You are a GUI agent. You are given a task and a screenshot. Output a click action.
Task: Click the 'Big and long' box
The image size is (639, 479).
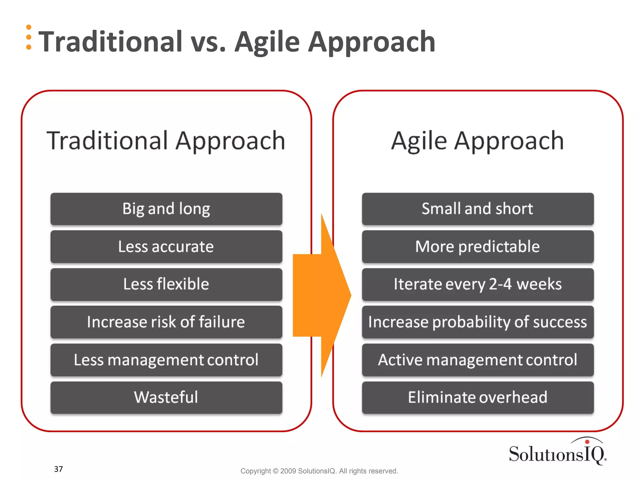(x=166, y=209)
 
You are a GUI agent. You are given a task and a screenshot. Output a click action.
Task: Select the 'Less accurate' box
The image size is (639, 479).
(x=166, y=247)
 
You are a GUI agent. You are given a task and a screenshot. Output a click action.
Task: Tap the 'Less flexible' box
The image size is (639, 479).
(x=166, y=284)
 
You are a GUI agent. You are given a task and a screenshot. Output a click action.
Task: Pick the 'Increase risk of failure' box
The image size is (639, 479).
(x=166, y=322)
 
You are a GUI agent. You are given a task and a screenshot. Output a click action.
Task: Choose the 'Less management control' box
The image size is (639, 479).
(x=166, y=360)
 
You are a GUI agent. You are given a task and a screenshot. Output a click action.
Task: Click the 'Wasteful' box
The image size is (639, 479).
(x=166, y=398)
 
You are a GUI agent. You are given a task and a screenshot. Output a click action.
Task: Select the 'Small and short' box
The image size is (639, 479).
(x=478, y=209)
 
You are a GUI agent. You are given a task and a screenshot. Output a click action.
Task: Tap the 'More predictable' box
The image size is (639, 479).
(x=478, y=247)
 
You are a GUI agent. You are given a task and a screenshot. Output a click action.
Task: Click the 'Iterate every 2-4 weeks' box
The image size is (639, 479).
(x=478, y=284)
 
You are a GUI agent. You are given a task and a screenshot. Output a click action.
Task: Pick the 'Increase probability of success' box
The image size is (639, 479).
(x=478, y=322)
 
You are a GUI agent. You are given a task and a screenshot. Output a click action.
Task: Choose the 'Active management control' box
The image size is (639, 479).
(x=478, y=360)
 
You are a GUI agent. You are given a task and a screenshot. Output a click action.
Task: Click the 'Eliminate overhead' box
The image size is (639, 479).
(x=478, y=398)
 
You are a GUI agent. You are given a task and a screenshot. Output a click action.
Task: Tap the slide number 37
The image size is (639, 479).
(x=58, y=469)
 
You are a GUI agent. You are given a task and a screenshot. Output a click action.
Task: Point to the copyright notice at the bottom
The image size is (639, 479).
(x=319, y=471)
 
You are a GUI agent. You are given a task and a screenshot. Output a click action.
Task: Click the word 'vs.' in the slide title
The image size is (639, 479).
(x=208, y=42)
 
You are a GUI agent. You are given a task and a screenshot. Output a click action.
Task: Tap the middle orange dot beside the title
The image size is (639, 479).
(x=29, y=37)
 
